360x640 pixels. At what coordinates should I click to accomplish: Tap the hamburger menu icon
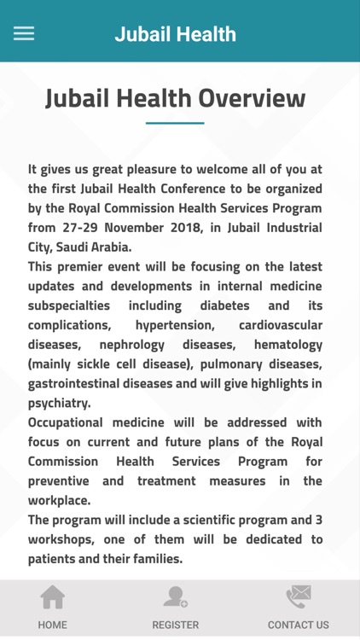pyautogui.click(x=24, y=33)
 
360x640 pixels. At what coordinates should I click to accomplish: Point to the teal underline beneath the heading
pyautogui.click(x=175, y=123)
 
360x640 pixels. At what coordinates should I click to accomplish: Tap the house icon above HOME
pyautogui.click(x=53, y=597)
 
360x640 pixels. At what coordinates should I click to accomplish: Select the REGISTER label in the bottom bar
pyautogui.click(x=175, y=625)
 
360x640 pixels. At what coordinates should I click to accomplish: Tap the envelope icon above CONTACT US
pyautogui.click(x=298, y=596)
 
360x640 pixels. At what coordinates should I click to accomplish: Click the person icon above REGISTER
pyautogui.click(x=176, y=596)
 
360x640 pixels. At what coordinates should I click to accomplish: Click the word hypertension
pyautogui.click(x=175, y=325)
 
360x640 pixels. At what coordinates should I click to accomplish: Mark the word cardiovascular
pyautogui.click(x=281, y=325)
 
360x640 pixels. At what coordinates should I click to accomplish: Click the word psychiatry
pyautogui.click(x=58, y=404)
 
